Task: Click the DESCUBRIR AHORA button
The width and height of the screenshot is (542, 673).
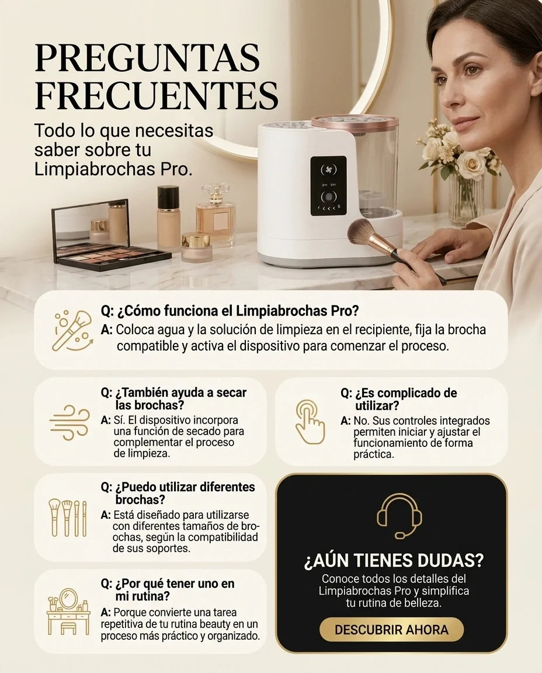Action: point(391,630)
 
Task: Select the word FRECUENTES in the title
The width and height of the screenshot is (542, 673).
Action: point(157,95)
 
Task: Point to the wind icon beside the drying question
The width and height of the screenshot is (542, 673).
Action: point(70,422)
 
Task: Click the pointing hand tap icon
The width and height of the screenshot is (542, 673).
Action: point(310,421)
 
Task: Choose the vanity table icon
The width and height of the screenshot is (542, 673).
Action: point(69,611)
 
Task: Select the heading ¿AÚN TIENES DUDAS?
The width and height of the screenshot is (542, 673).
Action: point(394,560)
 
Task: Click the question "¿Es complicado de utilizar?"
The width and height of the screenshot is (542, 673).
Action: point(399,399)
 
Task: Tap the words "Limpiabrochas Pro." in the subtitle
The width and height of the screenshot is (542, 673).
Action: point(113,169)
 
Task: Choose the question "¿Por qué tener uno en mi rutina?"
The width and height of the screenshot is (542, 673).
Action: point(168,589)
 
